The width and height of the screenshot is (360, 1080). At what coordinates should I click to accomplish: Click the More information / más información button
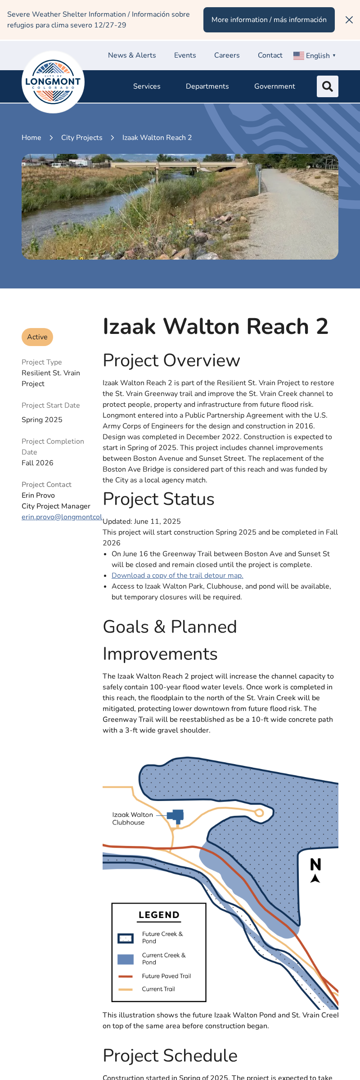coord(269,20)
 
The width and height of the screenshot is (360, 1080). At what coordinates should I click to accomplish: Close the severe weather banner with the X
coord(349,20)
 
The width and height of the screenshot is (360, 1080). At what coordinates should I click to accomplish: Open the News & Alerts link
coord(132,55)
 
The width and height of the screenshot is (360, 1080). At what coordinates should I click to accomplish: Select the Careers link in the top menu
coord(227,55)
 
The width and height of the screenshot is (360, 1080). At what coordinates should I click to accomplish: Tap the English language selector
coord(315,56)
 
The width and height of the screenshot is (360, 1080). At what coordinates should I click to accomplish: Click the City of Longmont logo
coord(53,82)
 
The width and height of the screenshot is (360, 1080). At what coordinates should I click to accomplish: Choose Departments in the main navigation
coord(207,86)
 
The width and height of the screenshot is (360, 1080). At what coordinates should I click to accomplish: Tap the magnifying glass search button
coord(328,86)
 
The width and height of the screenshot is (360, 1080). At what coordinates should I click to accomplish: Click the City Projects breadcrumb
coord(81,138)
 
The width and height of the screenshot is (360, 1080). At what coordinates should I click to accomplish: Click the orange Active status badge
coord(37,337)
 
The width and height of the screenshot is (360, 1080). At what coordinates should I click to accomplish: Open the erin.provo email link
coord(62,517)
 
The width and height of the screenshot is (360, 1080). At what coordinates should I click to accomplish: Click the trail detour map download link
coord(177,576)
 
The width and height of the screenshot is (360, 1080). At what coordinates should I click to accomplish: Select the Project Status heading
coord(158,499)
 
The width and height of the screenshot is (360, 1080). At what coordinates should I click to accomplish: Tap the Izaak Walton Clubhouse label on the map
coord(132,819)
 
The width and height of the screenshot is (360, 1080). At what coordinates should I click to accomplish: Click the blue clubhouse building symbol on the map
coord(176,816)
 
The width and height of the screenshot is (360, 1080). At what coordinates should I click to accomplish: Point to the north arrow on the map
coord(315,870)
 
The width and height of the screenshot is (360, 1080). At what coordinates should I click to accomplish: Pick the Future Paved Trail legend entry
coord(166,976)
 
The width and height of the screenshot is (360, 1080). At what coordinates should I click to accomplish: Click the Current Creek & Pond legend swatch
coord(126,959)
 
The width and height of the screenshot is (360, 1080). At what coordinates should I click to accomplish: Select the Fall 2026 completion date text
coord(37,463)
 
